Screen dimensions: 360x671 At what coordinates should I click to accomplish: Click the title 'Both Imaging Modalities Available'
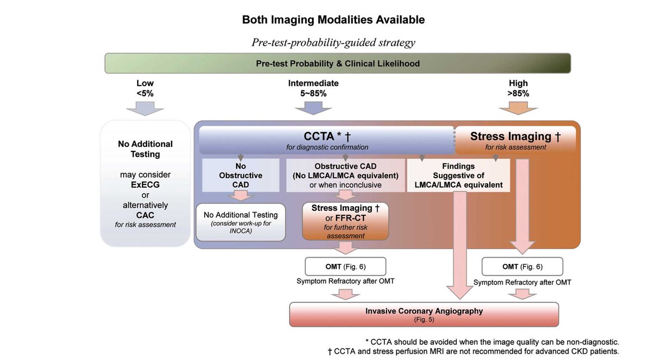point(333,20)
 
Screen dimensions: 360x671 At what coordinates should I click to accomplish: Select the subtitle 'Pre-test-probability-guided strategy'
point(333,43)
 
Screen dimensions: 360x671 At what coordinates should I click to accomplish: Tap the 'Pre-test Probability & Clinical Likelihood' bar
point(338,63)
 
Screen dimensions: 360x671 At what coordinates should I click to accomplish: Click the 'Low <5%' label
point(145,88)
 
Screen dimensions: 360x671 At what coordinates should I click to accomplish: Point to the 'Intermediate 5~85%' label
point(313,88)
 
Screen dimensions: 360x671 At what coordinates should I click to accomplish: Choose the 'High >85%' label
point(518,88)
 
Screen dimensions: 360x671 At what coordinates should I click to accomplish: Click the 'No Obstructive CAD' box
point(240,176)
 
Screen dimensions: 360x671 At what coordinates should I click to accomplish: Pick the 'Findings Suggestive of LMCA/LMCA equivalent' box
point(458,176)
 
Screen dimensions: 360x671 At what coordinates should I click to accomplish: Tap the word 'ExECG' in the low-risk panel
point(145,184)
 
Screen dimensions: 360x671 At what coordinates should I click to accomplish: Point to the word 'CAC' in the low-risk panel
point(145,215)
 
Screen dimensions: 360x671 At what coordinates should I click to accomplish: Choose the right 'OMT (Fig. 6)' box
point(522,267)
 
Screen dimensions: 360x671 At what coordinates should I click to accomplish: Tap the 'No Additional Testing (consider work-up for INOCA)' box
point(240,222)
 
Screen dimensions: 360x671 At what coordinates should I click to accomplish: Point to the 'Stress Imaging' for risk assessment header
point(515,139)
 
